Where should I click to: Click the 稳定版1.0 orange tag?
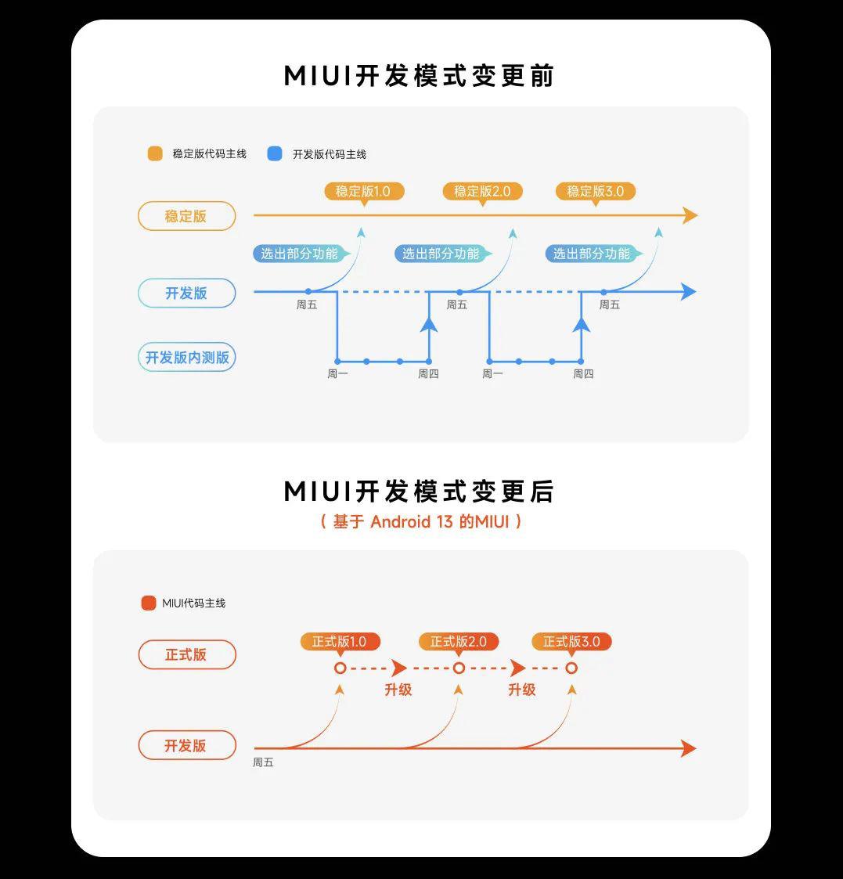click(363, 191)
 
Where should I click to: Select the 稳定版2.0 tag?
click(482, 191)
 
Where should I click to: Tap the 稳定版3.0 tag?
click(595, 191)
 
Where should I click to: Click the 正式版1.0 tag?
click(340, 642)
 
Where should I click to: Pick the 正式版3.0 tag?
click(571, 642)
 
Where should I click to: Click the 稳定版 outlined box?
click(186, 216)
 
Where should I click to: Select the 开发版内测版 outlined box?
click(187, 357)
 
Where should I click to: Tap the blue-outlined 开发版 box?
click(186, 293)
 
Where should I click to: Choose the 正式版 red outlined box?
click(186, 654)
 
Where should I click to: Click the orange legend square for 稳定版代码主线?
click(155, 153)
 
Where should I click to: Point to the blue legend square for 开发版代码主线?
click(275, 153)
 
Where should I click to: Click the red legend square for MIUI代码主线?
click(149, 603)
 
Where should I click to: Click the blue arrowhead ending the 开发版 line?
click(688, 292)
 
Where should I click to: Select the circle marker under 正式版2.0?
click(459, 668)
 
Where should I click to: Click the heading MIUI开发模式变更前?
click(420, 77)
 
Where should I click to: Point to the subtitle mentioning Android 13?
click(421, 521)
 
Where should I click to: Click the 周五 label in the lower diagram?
click(263, 762)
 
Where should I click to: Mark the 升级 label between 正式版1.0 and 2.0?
click(398, 690)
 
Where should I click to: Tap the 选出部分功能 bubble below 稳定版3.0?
click(592, 254)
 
